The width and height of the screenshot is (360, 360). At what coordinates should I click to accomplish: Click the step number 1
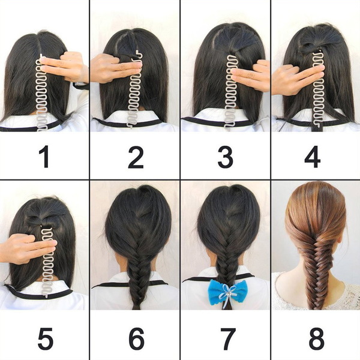(x=44, y=157)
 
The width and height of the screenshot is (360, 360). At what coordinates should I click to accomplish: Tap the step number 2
(x=136, y=157)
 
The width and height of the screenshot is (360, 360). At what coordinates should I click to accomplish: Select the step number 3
(x=226, y=157)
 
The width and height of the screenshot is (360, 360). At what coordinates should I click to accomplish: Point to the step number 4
(x=312, y=157)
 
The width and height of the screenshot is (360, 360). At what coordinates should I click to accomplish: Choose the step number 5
(x=46, y=338)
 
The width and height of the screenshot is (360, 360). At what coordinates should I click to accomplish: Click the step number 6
(x=137, y=338)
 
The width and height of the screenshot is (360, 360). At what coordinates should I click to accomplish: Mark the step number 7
(x=228, y=338)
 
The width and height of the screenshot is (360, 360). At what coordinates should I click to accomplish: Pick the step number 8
(x=316, y=338)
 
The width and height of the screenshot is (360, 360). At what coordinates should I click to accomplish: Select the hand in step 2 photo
(x=115, y=68)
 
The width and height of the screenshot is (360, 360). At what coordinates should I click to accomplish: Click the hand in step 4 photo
(x=296, y=79)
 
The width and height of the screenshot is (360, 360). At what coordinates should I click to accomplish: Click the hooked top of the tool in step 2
(x=137, y=54)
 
